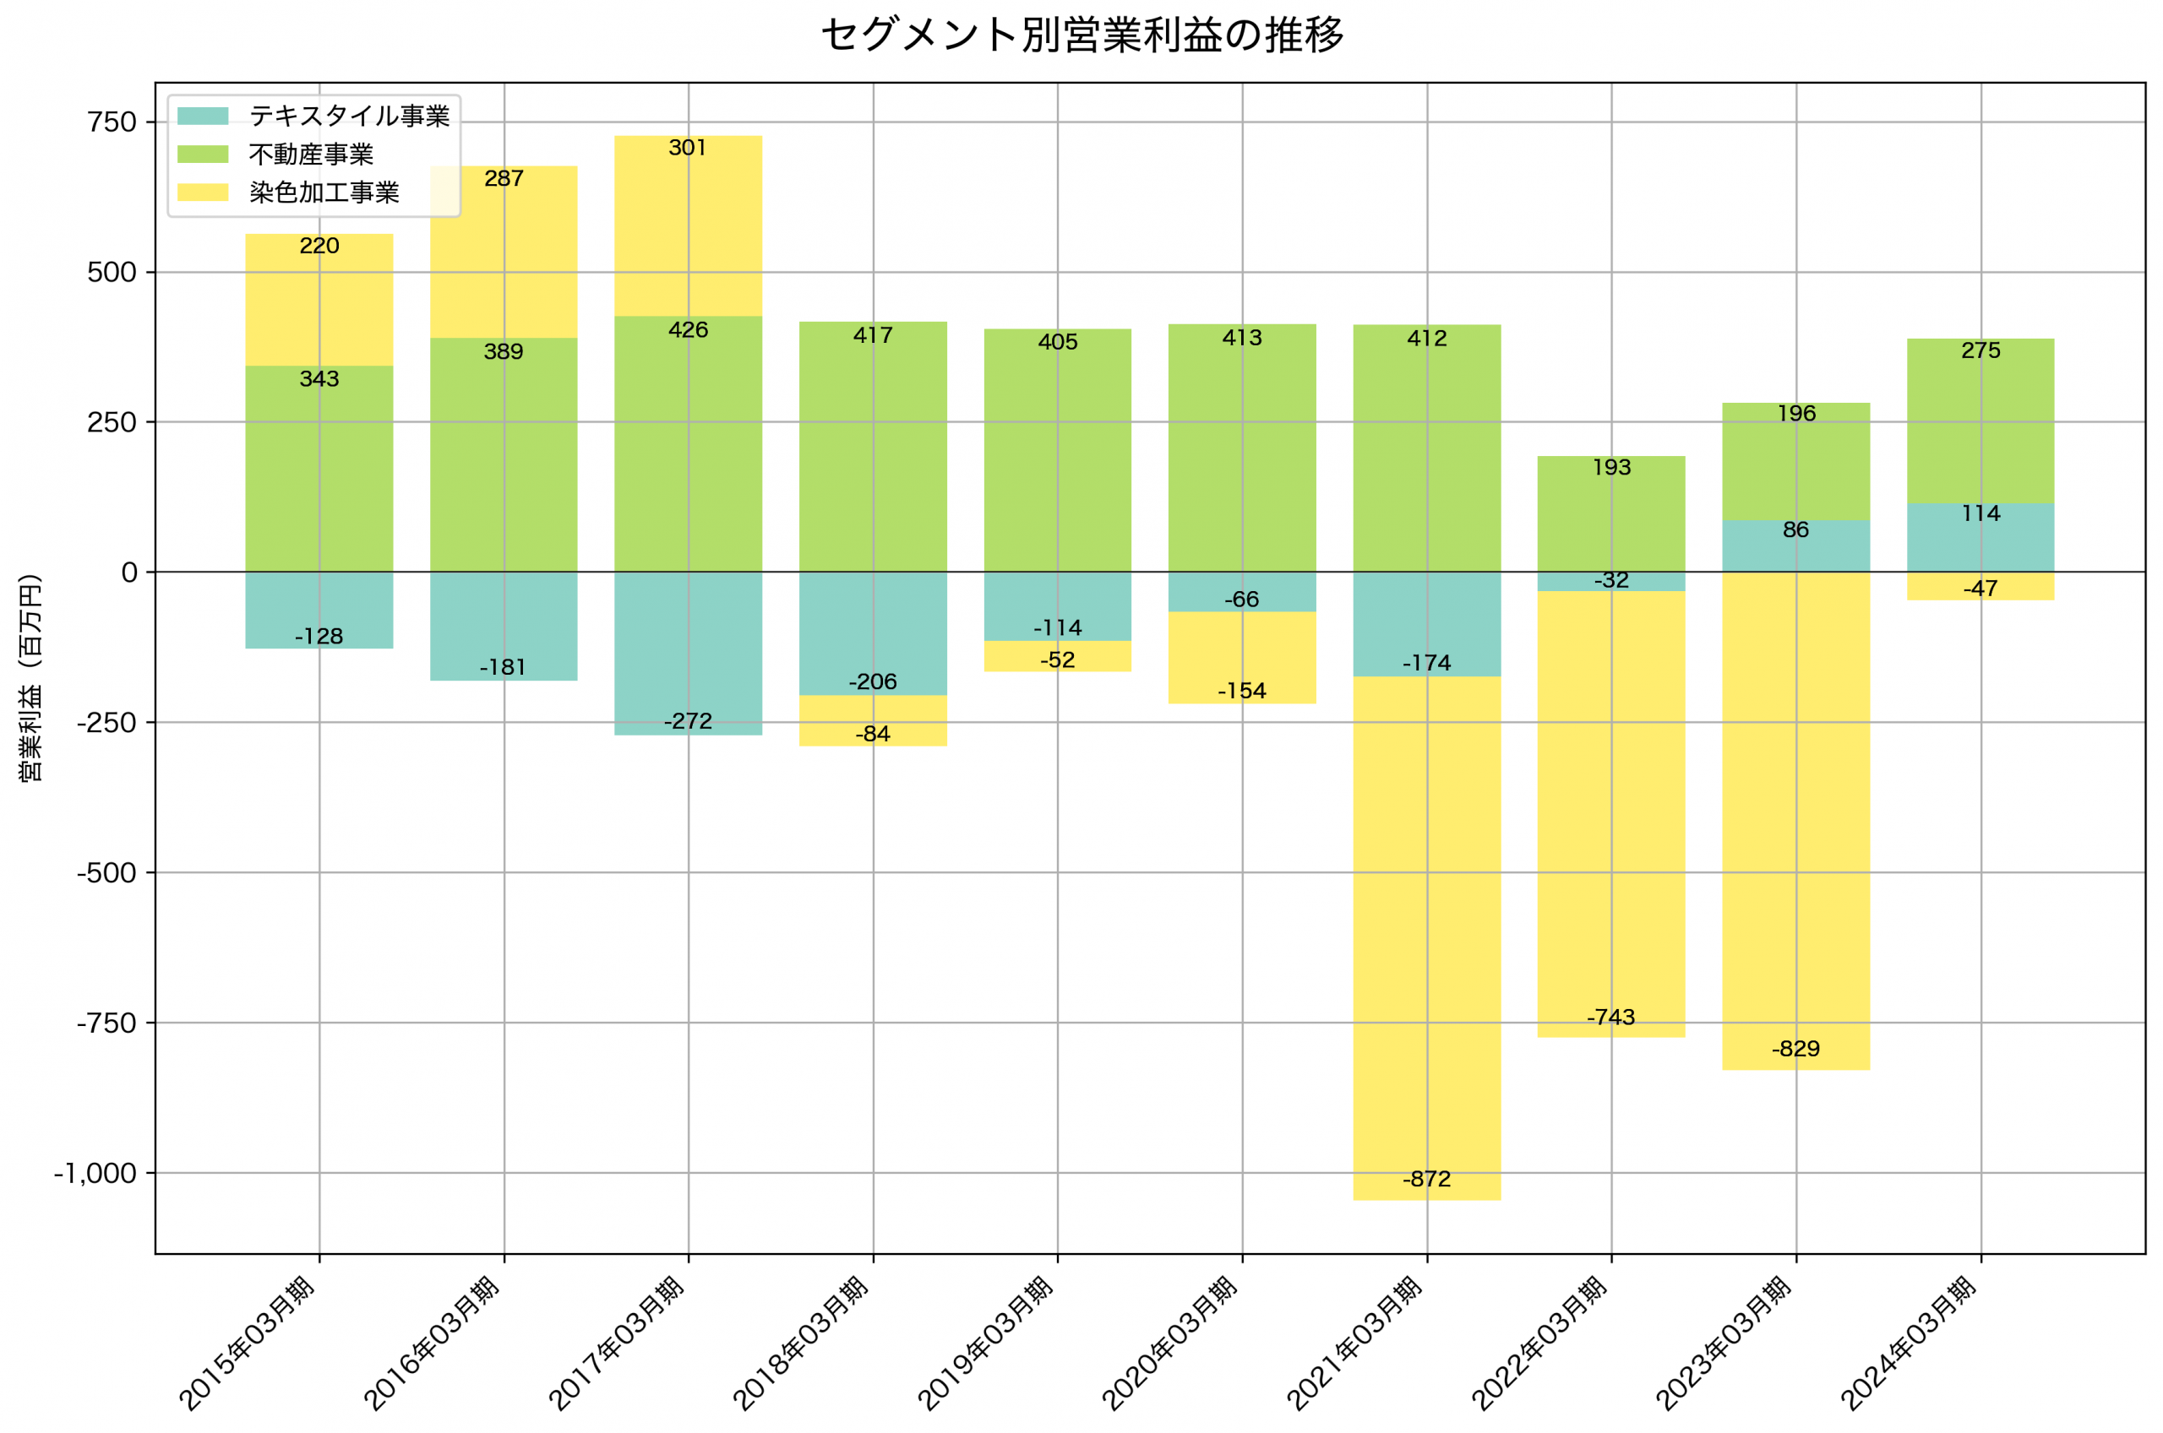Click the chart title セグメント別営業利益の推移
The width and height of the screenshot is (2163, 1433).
click(1081, 35)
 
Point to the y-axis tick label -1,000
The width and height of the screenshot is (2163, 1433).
click(95, 1174)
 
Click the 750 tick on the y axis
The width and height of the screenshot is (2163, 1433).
click(112, 122)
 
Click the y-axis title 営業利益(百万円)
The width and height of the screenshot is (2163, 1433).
click(30, 677)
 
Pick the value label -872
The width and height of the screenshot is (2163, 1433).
click(1426, 1179)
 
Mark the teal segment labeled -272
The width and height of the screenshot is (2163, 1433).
click(688, 654)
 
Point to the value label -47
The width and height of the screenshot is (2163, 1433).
click(1980, 589)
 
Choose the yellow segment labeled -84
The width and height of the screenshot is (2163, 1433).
click(872, 721)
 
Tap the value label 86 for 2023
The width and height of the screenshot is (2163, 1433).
click(1795, 530)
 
